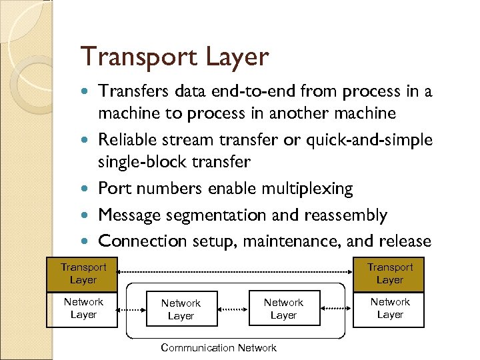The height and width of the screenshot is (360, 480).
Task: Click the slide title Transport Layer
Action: click(x=174, y=57)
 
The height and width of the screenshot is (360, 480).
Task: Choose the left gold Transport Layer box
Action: click(x=83, y=274)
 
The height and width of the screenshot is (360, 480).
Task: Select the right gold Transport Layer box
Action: click(x=390, y=274)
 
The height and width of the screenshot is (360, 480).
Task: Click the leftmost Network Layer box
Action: click(x=83, y=309)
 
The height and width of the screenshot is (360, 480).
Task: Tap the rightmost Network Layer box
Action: click(x=390, y=309)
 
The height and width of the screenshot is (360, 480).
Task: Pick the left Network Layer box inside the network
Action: click(x=181, y=309)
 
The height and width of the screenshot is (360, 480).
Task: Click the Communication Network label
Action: click(x=219, y=347)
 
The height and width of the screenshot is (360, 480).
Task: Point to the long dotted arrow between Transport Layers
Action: click(x=237, y=272)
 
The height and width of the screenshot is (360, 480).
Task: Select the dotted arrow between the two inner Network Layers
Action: click(x=233, y=309)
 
